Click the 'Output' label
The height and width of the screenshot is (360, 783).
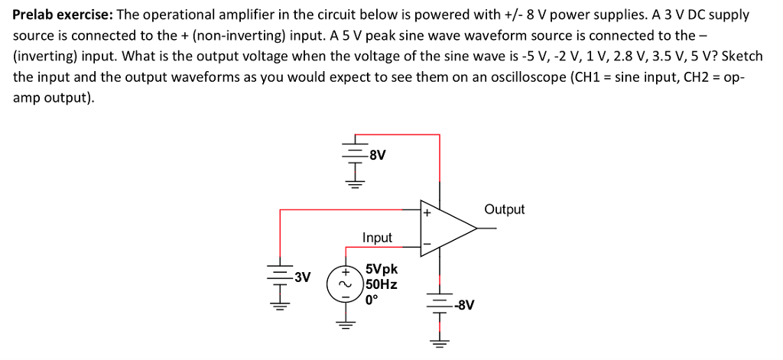[x=504, y=209]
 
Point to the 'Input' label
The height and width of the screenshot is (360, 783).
[x=377, y=238]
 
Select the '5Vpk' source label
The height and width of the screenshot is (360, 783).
[x=382, y=270]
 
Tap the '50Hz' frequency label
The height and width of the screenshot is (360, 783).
[x=382, y=284]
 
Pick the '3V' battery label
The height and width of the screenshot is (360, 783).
[x=301, y=277]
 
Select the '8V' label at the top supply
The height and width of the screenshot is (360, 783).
[x=377, y=156]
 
